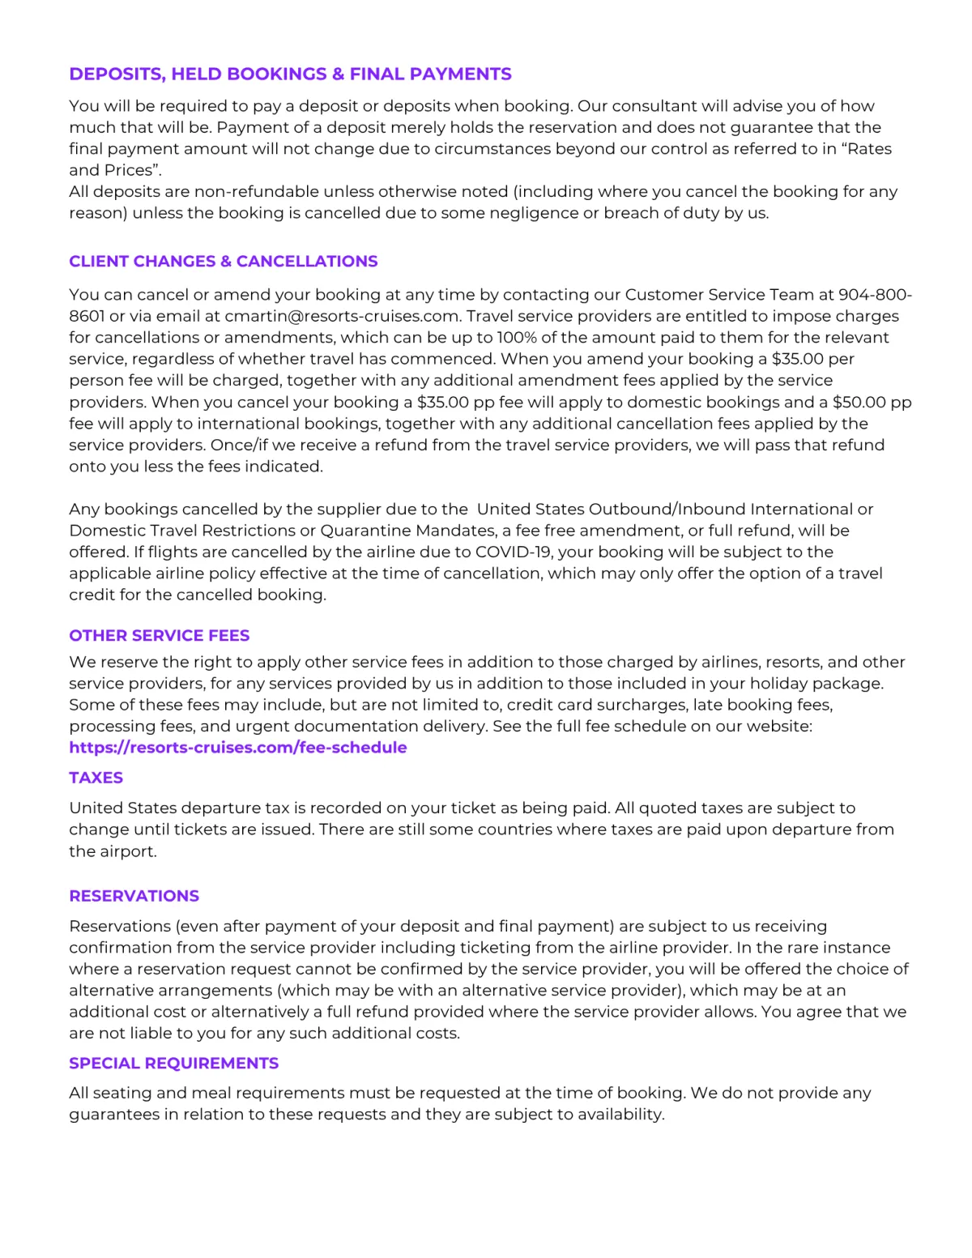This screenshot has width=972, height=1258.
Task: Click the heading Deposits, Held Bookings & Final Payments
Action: [x=290, y=75]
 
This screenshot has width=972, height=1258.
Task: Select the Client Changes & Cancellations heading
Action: [x=224, y=262]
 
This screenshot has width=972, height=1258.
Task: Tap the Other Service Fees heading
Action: [x=160, y=636]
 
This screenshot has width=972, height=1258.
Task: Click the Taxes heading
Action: [x=96, y=778]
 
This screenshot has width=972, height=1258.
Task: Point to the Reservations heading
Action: [x=134, y=896]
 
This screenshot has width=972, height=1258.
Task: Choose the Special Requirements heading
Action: [x=174, y=1064]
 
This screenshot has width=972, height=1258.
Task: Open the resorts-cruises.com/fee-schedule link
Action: [x=238, y=748]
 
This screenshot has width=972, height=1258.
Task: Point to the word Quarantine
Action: [x=366, y=531]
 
